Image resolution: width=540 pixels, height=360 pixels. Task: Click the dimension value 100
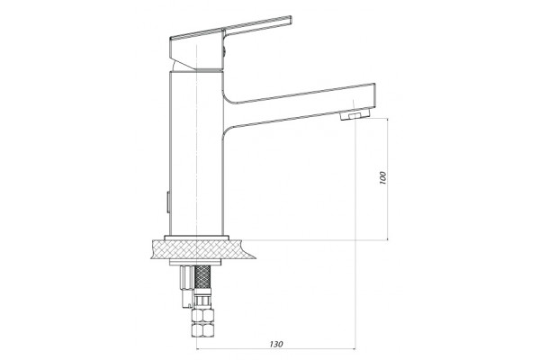click(x=383, y=177)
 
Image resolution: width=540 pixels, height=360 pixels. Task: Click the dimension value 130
click(x=276, y=344)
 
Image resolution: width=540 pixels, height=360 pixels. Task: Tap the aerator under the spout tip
click(x=355, y=115)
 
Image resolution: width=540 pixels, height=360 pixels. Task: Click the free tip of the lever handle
click(x=291, y=20)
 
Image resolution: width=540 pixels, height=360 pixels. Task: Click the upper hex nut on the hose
click(x=202, y=316)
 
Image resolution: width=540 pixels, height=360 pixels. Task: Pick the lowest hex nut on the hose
click(x=202, y=330)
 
